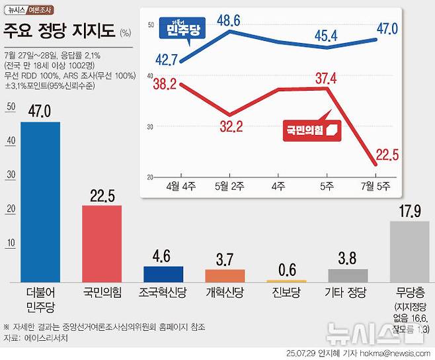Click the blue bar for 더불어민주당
40,202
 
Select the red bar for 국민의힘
101,244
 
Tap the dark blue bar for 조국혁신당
163,274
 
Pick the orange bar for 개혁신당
225,275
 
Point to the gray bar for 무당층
409,251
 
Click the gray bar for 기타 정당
348,275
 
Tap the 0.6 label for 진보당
286,270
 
